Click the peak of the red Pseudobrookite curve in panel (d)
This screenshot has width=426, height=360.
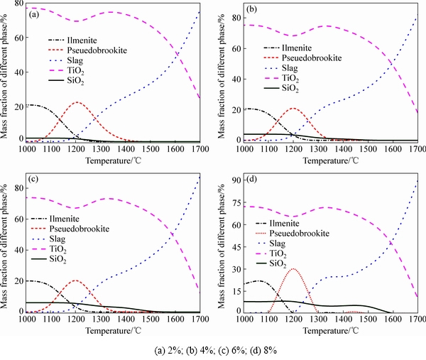coord(293,268)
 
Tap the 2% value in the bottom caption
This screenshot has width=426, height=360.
coord(165,351)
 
